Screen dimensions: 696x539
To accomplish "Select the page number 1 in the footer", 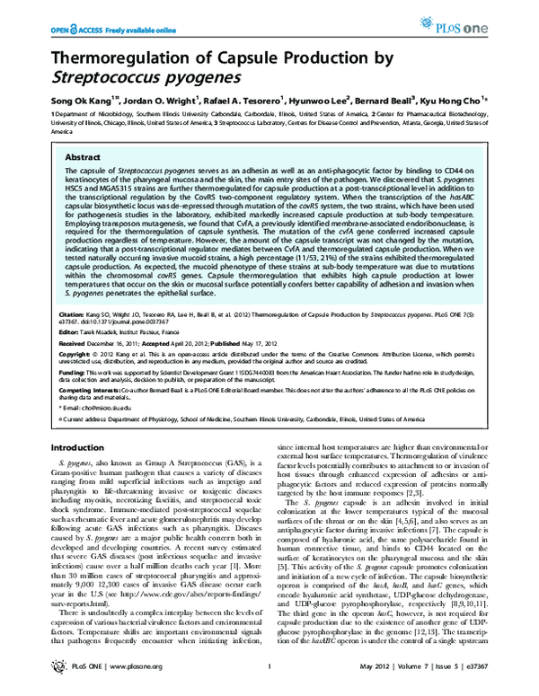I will point(269,683).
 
